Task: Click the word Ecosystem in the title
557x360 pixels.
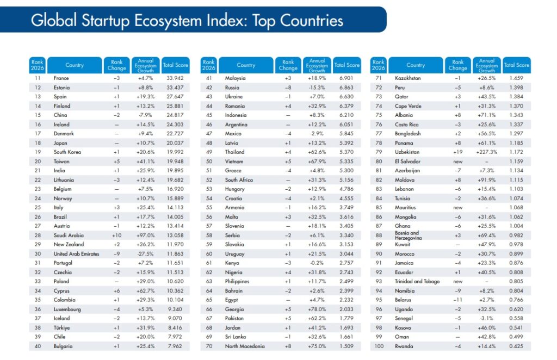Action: click(x=168, y=21)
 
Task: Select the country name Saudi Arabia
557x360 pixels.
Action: click(x=69, y=235)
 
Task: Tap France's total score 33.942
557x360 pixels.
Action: click(x=175, y=78)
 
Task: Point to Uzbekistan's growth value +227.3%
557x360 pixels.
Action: click(x=487, y=152)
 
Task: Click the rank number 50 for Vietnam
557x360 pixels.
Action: click(x=209, y=161)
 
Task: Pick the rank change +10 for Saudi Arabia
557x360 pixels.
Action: click(x=116, y=235)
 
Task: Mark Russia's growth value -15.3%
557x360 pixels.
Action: click(x=317, y=88)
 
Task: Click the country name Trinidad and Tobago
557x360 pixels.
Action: click(x=417, y=281)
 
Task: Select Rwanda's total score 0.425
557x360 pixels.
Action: click(x=516, y=346)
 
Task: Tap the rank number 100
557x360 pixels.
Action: click(x=379, y=346)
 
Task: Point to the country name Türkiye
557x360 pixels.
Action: click(x=61, y=328)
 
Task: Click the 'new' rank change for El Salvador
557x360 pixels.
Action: click(x=457, y=162)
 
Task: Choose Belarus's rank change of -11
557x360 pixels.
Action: click(x=457, y=300)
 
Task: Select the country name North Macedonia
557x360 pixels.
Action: click(x=245, y=346)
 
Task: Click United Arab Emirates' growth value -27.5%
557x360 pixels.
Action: click(x=145, y=254)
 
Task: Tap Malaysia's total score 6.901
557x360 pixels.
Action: click(x=346, y=78)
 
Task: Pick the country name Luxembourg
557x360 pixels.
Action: click(x=67, y=309)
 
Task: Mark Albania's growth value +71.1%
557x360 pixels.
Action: click(x=487, y=115)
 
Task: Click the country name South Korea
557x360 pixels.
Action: click(x=67, y=152)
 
